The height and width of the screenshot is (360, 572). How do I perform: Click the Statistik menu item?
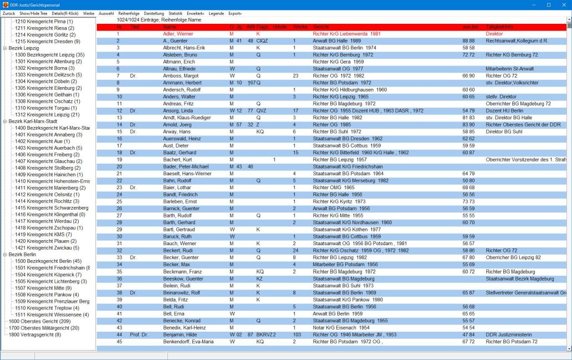pyautogui.click(x=175, y=13)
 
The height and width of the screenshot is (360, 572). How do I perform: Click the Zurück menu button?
pyautogui.click(x=9, y=13)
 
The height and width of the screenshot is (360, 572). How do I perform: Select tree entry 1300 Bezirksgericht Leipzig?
pyautogui.click(x=49, y=55)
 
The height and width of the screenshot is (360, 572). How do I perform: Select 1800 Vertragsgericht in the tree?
pyautogui.click(x=34, y=334)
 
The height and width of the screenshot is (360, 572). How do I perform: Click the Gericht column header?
pyautogui.click(x=321, y=27)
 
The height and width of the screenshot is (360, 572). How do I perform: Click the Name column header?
pyautogui.click(x=170, y=27)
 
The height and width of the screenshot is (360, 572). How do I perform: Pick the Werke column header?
pyautogui.click(x=300, y=27)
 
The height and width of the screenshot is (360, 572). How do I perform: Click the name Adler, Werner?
pyautogui.click(x=178, y=34)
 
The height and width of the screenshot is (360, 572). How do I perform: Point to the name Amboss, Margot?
pyautogui.click(x=180, y=75)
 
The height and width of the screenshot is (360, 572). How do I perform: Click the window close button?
pyautogui.click(x=563, y=4)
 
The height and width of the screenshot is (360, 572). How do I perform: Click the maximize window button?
pyautogui.click(x=549, y=4)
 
